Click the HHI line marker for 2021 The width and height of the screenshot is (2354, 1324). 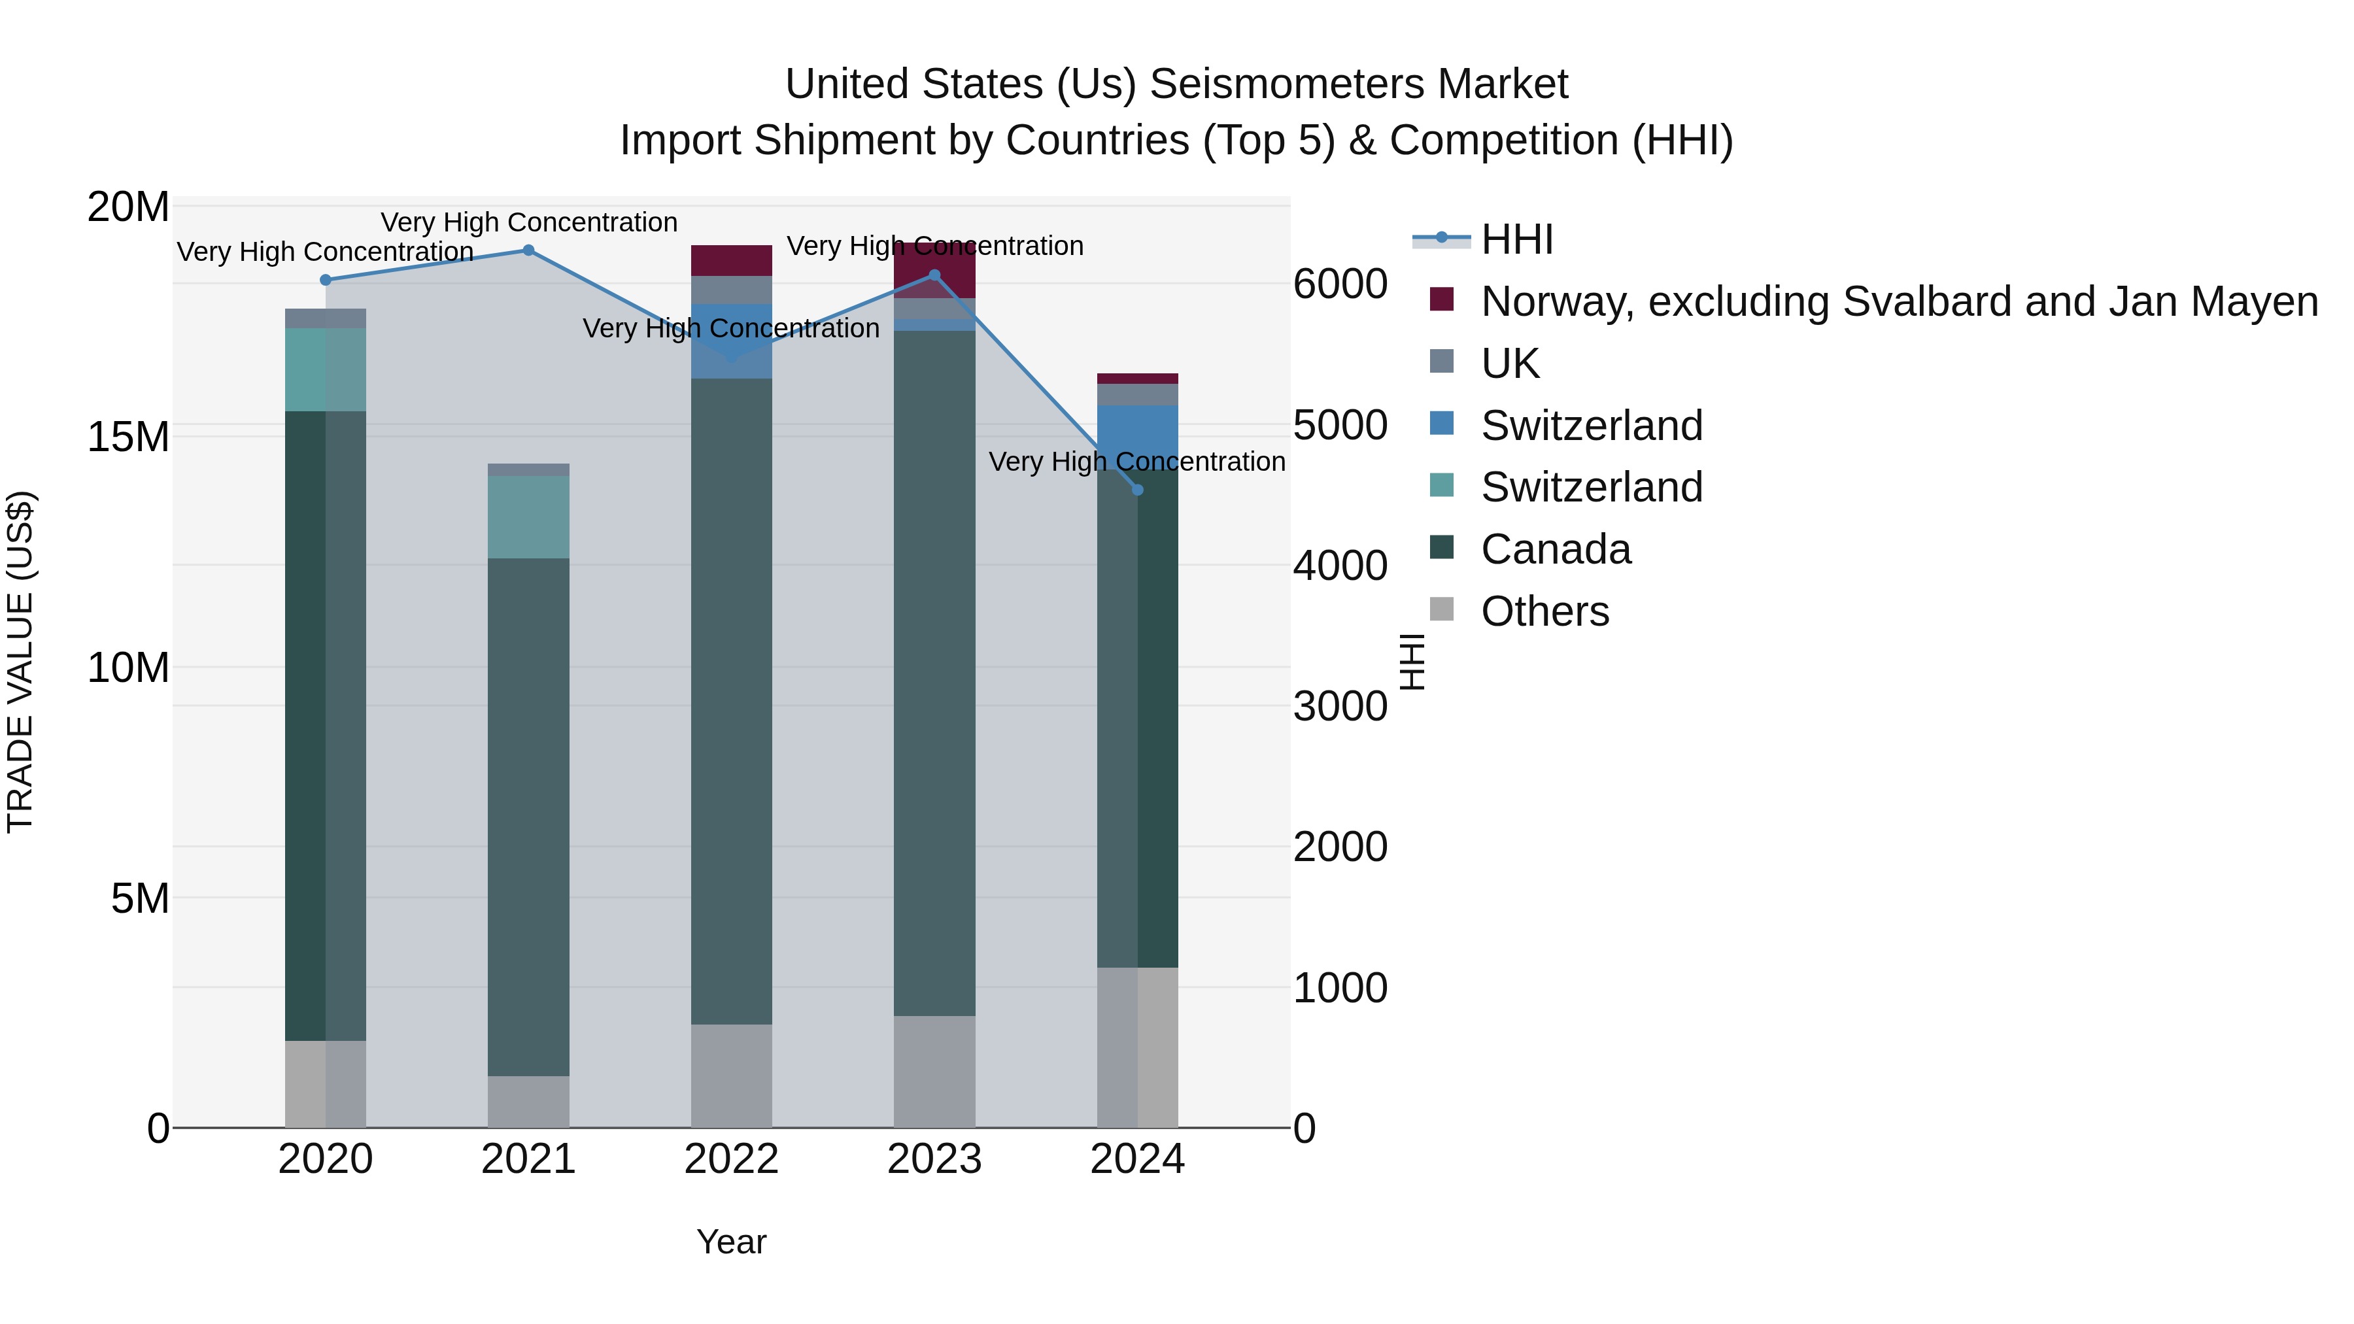click(528, 250)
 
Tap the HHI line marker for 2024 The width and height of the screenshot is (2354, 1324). click(1138, 490)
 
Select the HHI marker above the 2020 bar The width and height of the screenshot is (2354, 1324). click(326, 280)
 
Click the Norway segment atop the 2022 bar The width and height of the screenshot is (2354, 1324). click(731, 260)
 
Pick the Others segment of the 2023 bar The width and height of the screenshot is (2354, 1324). click(934, 1071)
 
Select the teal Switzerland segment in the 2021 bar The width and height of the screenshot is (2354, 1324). click(528, 517)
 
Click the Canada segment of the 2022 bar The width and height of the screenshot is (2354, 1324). click(731, 701)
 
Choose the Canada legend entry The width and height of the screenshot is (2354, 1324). click(1556, 549)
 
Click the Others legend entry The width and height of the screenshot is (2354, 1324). click(1544, 611)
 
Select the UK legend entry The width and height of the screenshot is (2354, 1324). click(1510, 364)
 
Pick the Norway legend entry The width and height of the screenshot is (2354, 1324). click(1899, 301)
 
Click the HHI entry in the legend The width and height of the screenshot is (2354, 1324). click(1517, 239)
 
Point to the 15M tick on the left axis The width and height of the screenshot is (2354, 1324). click(128, 437)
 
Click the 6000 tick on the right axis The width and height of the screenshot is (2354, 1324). click(1340, 284)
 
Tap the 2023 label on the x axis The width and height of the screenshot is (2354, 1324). click(934, 1159)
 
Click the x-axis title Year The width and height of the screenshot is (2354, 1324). click(731, 1242)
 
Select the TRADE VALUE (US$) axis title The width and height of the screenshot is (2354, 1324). click(20, 662)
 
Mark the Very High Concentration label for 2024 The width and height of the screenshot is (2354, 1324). click(1137, 462)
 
